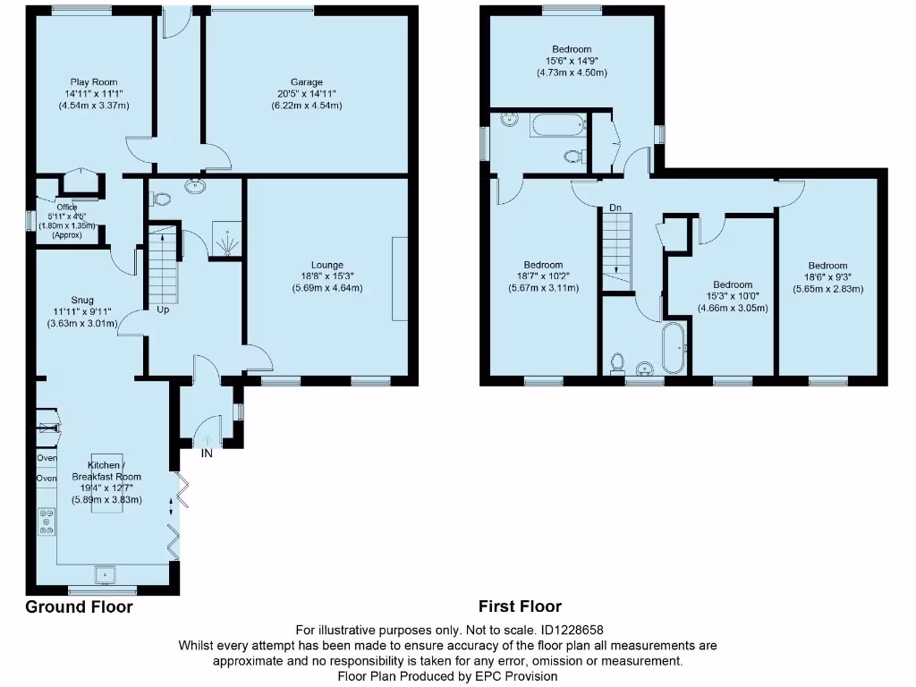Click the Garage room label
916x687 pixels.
(306, 82)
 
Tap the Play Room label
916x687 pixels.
(94, 82)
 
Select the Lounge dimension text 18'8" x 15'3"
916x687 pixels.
(327, 276)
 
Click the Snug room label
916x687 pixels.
(82, 300)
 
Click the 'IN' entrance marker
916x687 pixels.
(207, 454)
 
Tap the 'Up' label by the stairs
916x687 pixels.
(164, 310)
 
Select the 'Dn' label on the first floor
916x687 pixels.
(615, 208)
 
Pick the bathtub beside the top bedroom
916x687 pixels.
(556, 125)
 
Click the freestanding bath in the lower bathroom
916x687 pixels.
(673, 349)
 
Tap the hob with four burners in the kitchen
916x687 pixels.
(46, 522)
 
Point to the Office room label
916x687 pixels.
(67, 208)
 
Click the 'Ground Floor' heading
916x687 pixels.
(79, 607)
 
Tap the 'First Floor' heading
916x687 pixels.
(520, 607)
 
